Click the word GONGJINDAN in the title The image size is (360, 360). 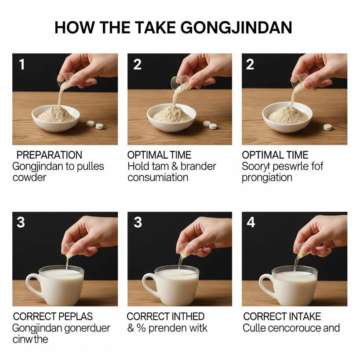pyautogui.click(x=236, y=28)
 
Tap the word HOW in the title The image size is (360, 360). pyautogui.click(x=74, y=28)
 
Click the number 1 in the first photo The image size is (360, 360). pyautogui.click(x=22, y=64)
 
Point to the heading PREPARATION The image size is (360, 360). pyautogui.click(x=49, y=155)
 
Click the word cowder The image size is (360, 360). pyautogui.click(x=29, y=178)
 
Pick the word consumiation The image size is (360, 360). pyautogui.click(x=158, y=178)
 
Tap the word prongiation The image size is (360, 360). pyautogui.click(x=267, y=178)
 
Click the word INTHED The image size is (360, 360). pyautogui.click(x=185, y=316)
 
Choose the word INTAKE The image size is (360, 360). pyautogui.click(x=301, y=316)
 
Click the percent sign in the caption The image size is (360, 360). pyautogui.click(x=141, y=328)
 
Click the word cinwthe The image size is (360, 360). pyautogui.click(x=30, y=339)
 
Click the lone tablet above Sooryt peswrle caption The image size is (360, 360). pyautogui.click(x=327, y=127)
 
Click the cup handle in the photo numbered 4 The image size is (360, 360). pyautogui.click(x=266, y=286)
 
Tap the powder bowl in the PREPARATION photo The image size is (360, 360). pyautogui.click(x=56, y=118)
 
